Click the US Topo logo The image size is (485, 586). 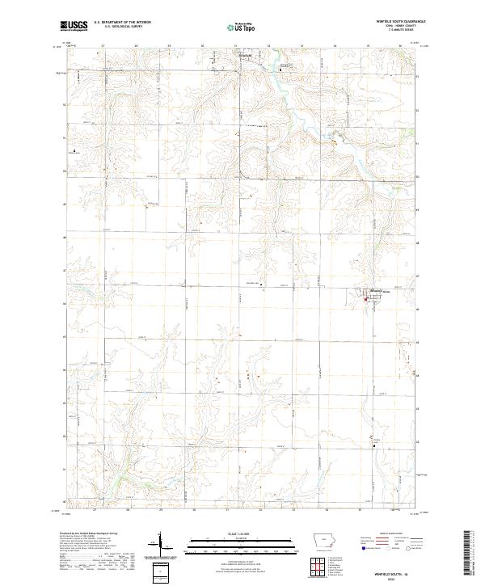(242, 27)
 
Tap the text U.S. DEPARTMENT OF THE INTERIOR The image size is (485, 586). (121, 22)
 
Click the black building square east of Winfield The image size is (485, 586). (280, 70)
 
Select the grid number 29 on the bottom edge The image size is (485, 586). (161, 512)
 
